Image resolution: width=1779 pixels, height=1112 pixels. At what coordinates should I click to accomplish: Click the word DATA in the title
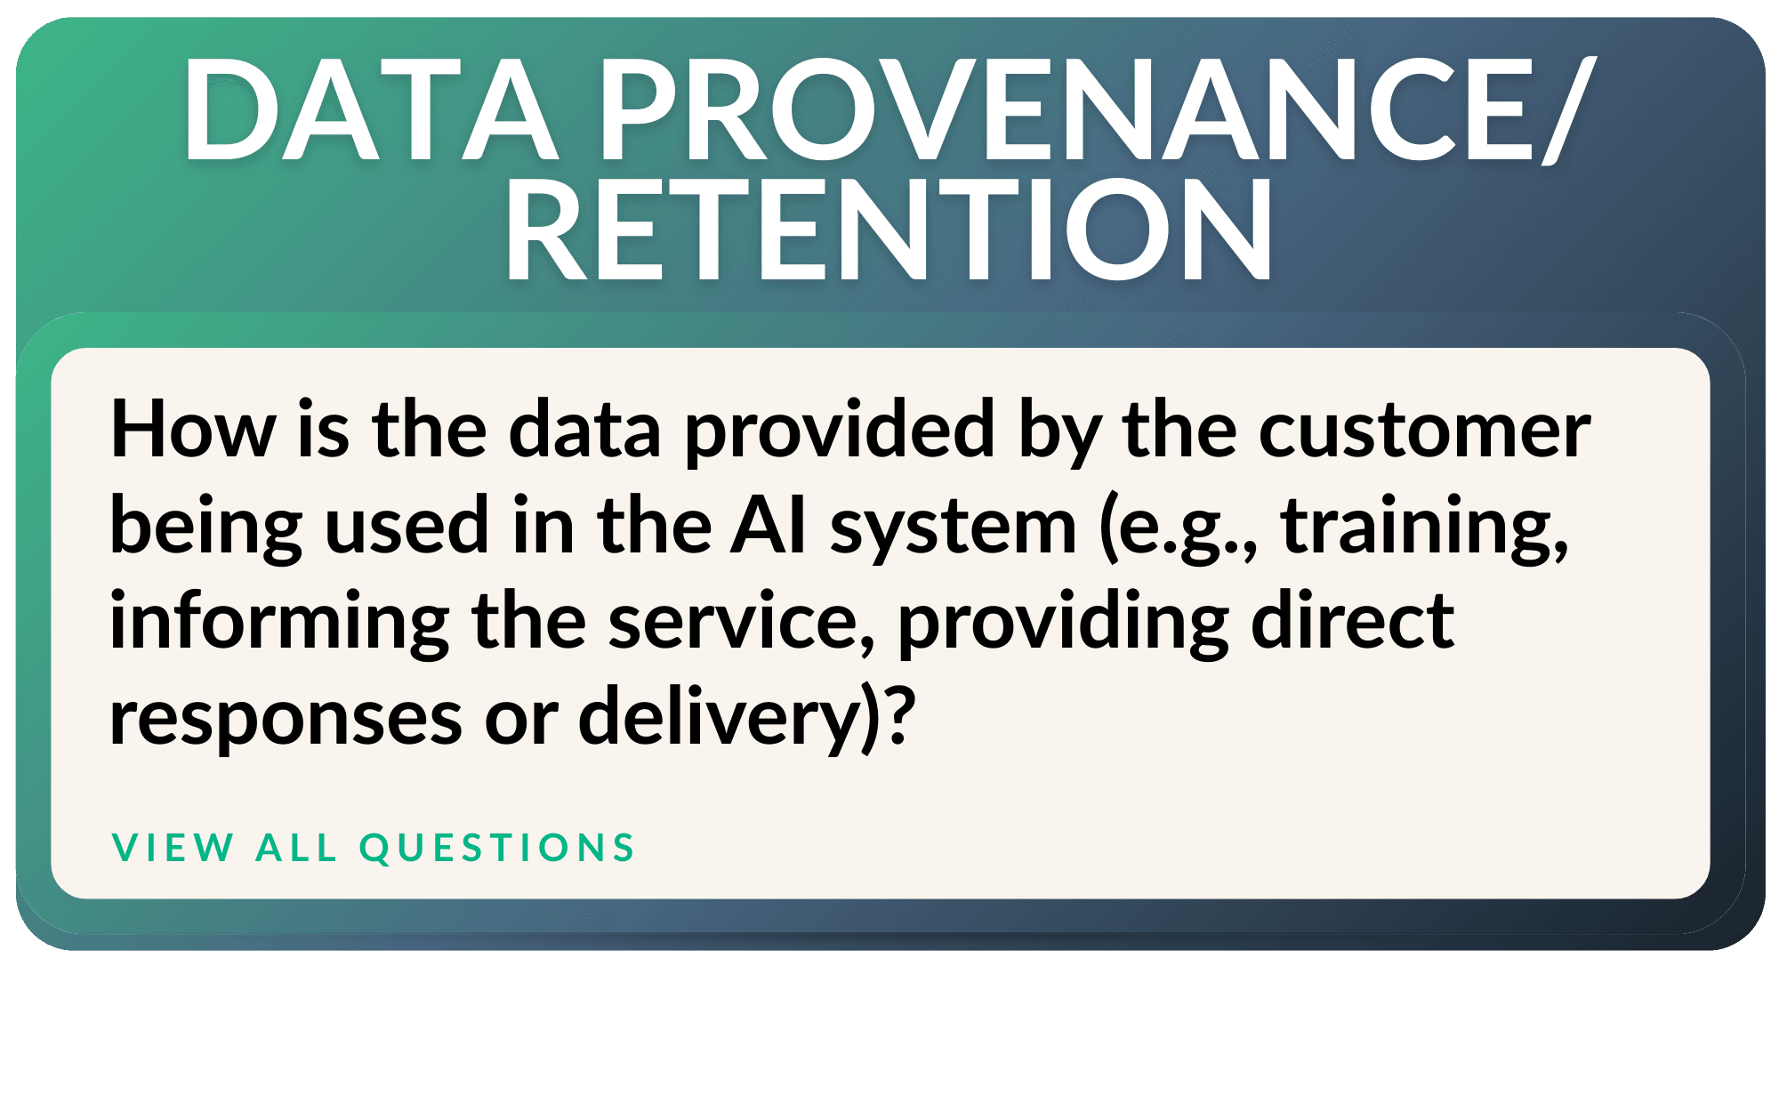click(371, 109)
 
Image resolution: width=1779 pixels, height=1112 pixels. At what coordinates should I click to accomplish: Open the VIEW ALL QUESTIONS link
click(374, 848)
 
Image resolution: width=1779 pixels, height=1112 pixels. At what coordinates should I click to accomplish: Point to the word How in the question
click(193, 430)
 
